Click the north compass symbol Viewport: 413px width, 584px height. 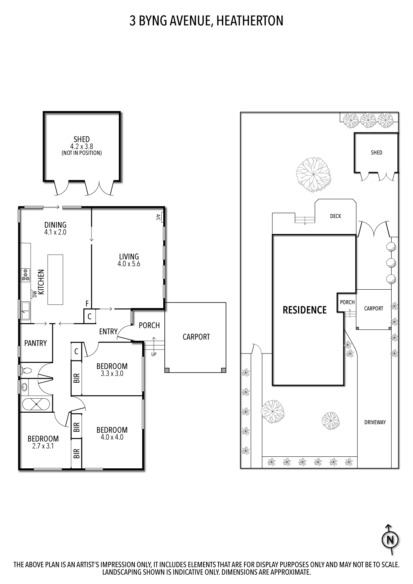pyautogui.click(x=390, y=540)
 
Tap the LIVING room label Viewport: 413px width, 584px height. pyautogui.click(x=129, y=257)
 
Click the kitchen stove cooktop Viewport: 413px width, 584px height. pyautogui.click(x=26, y=274)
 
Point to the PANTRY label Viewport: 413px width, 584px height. pyautogui.click(x=35, y=343)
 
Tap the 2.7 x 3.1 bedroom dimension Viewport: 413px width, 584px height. pyautogui.click(x=43, y=446)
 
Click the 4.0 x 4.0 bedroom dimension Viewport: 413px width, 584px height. pyautogui.click(x=112, y=437)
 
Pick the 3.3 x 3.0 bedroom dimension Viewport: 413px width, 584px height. pyautogui.click(x=112, y=373)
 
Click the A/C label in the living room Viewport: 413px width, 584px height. pyautogui.click(x=158, y=217)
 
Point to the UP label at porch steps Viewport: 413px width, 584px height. pyautogui.click(x=154, y=355)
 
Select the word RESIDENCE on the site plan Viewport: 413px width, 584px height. pyautogui.click(x=304, y=310)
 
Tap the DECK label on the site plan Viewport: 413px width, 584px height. pyautogui.click(x=335, y=216)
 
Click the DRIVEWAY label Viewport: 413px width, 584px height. pyautogui.click(x=375, y=422)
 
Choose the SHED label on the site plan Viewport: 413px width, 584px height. pyautogui.click(x=376, y=153)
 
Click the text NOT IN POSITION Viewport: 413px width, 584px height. pyautogui.click(x=82, y=153)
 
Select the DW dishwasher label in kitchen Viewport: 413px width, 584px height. pyautogui.click(x=34, y=293)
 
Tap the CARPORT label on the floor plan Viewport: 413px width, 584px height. pyautogui.click(x=196, y=337)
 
